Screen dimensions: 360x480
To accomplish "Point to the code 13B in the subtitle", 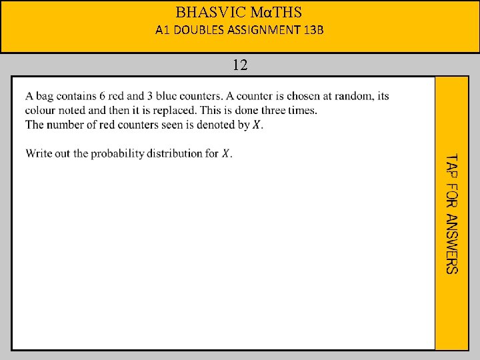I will click(x=312, y=30).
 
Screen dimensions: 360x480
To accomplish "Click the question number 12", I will click(x=240, y=65).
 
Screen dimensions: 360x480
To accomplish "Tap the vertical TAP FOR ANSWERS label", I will click(x=451, y=213).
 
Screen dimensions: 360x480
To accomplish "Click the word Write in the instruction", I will click(x=39, y=153).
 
